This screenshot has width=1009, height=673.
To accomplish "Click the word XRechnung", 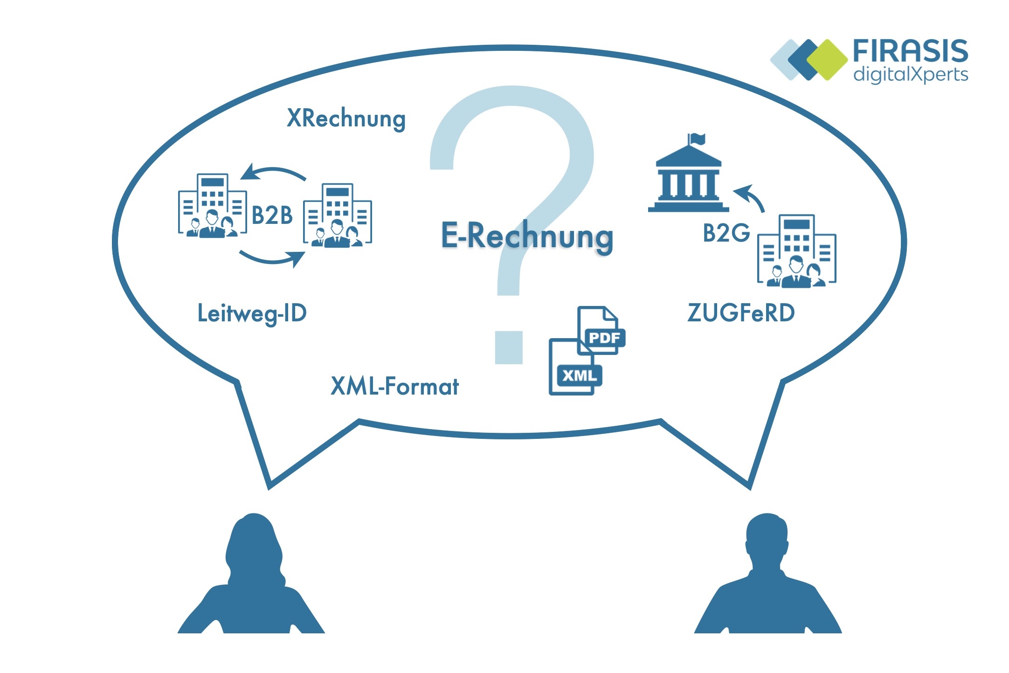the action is point(346,118).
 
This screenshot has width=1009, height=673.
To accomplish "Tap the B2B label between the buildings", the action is point(272,215).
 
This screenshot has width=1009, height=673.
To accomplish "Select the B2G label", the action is point(726,233).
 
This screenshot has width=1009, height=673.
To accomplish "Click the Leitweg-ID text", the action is point(252,313).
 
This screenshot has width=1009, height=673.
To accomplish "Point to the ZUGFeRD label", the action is point(741,312).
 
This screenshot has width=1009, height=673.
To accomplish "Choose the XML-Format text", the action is point(394,386).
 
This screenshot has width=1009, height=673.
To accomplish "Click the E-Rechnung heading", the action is point(527,236).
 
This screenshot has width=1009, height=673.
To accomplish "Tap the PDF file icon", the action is point(601,330).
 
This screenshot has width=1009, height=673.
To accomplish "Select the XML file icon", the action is point(575,367).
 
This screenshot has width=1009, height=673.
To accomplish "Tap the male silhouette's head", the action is point(767,541).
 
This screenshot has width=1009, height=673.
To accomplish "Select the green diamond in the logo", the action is point(827,60).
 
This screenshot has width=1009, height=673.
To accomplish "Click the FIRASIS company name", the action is point(910,51).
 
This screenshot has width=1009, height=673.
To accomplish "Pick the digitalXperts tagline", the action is point(911,75).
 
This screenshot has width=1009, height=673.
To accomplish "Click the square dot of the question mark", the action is point(509,347).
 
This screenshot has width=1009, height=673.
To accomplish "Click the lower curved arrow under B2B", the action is point(273,259).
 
